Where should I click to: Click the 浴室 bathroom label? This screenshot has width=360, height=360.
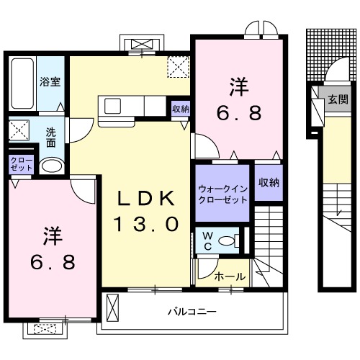coord(50,82)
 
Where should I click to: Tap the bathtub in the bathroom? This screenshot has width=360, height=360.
coord(22,84)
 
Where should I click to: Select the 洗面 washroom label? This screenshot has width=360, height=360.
coord(51,137)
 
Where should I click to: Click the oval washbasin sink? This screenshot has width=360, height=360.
coord(50,166)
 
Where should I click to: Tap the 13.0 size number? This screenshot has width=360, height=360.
coord(145,224)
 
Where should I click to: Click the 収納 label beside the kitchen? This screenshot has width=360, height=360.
coord(180,109)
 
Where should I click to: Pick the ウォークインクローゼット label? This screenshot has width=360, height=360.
coord(222,194)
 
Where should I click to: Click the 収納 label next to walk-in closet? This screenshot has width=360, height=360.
coord(268,183)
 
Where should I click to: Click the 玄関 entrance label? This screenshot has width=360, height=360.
coord(338,100)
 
